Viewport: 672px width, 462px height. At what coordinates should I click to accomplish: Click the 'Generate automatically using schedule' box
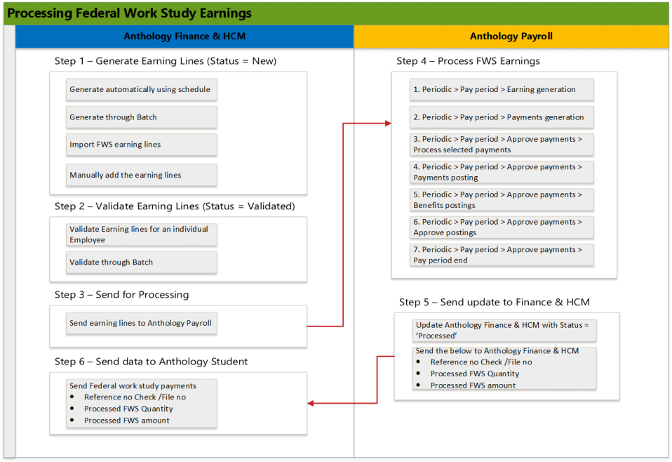coord(141,90)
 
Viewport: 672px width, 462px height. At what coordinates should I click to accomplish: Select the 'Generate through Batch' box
coord(141,117)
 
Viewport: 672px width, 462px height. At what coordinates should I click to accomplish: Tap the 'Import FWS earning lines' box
coord(141,145)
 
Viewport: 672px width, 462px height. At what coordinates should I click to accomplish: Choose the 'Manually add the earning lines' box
coord(141,175)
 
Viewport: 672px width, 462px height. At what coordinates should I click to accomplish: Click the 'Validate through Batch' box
coord(141,262)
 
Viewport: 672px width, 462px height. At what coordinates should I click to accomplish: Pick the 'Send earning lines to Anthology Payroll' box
coord(141,324)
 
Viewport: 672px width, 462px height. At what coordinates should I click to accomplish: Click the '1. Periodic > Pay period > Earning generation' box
coord(502,89)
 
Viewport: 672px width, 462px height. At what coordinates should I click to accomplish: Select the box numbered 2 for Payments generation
coord(502,117)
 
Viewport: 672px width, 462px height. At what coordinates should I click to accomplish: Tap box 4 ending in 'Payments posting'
coord(502,172)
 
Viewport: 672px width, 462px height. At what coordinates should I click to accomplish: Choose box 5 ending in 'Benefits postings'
coord(502,199)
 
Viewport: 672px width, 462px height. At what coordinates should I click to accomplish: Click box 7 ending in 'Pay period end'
coord(502,254)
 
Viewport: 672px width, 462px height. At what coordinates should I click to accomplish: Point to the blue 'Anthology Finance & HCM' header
coord(184,37)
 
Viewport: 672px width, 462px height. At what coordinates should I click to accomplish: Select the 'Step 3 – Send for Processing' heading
coord(121,294)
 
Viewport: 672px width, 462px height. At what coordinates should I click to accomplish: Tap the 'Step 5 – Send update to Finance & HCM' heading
coord(494,302)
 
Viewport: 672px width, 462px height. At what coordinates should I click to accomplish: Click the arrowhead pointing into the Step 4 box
coord(388,123)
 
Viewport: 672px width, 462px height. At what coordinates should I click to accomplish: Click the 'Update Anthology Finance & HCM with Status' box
coord(504,330)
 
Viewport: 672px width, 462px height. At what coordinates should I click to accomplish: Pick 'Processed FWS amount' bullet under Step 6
coord(127,421)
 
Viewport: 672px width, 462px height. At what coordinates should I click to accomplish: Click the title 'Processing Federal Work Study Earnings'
coord(129,13)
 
